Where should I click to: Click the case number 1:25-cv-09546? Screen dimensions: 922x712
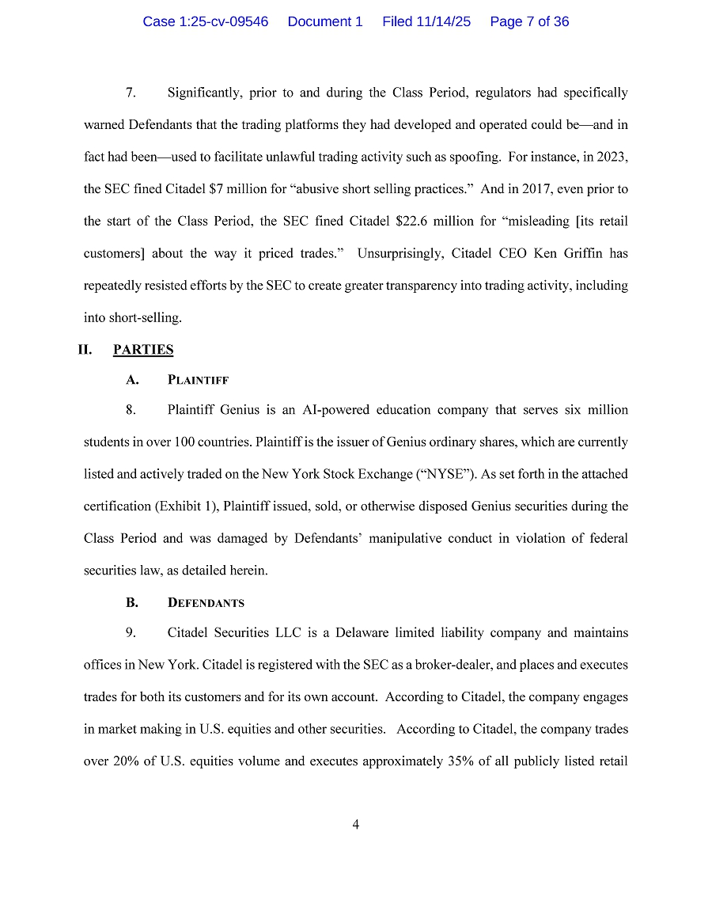coord(206,21)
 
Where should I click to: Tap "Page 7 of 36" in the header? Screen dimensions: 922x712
coord(529,21)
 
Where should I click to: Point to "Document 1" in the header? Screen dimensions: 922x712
coord(325,21)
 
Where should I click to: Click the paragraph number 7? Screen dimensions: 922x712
coord(131,93)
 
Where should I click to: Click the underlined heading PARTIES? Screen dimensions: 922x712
coord(143,350)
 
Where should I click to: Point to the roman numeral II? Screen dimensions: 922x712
coord(85,350)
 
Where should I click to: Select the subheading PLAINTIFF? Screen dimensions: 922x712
coord(198,380)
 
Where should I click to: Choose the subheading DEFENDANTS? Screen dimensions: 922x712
coord(206,603)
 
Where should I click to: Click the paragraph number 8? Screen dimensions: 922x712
coord(131,410)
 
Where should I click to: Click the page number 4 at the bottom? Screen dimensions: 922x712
coord(356,825)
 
